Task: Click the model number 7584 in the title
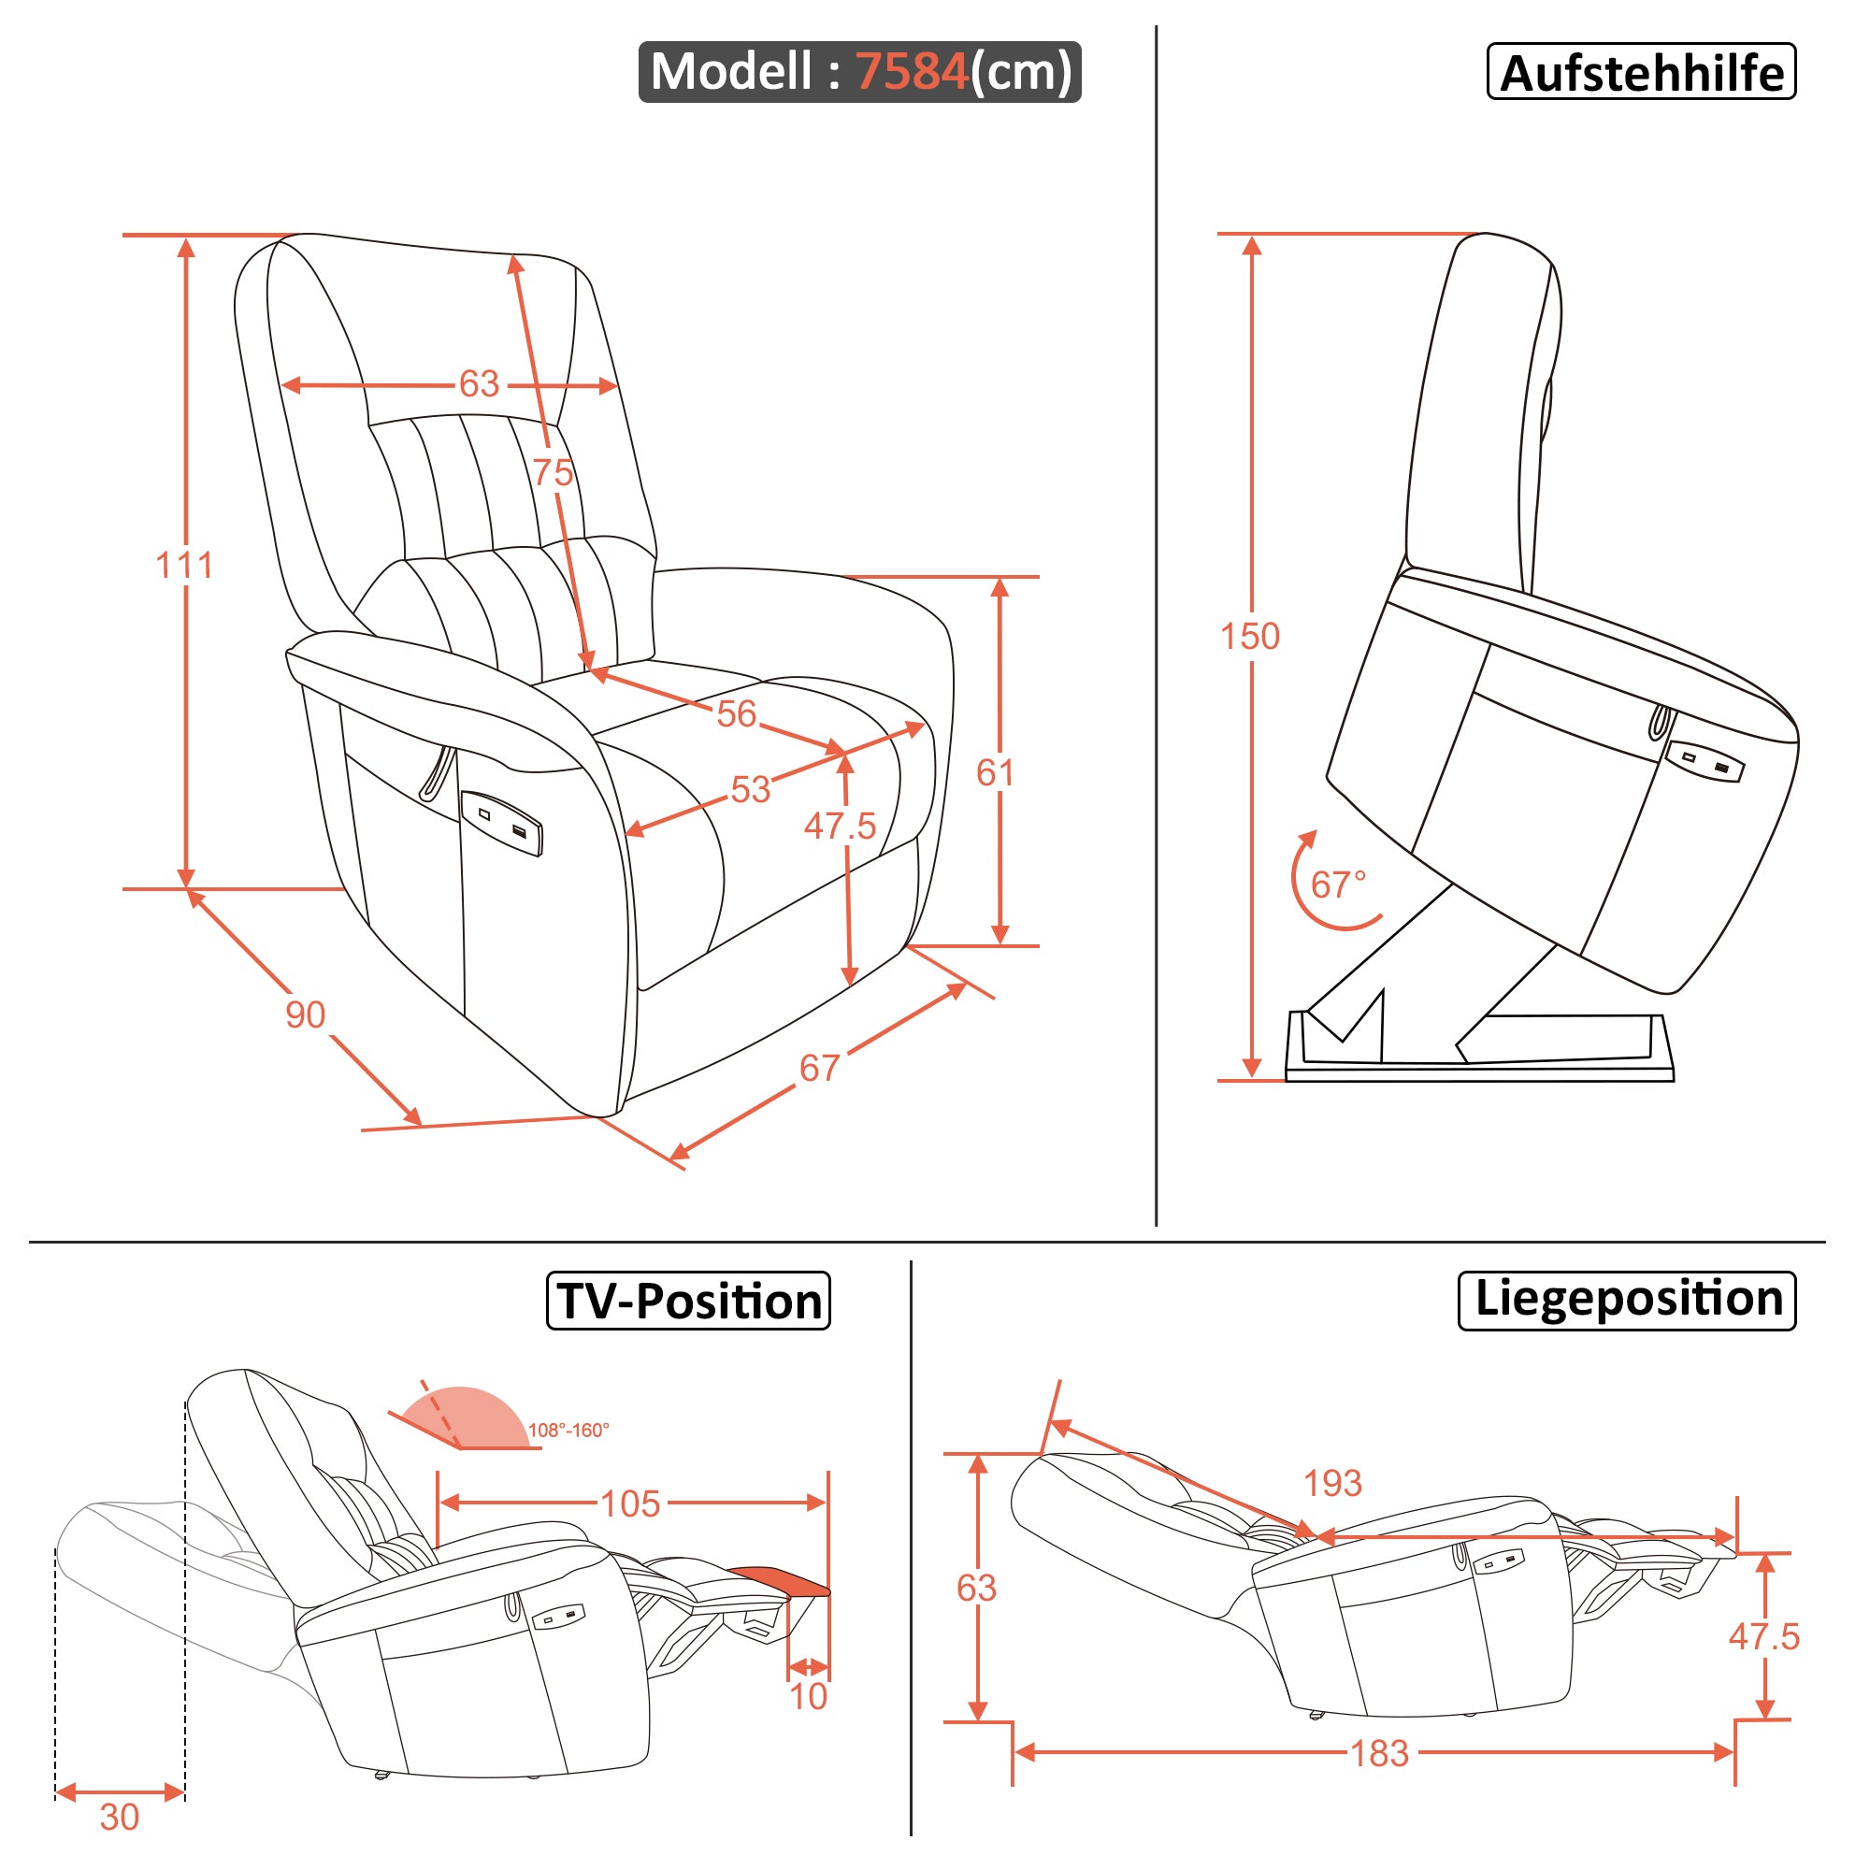(x=911, y=72)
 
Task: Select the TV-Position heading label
(x=688, y=1301)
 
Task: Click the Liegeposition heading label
(x=1627, y=1300)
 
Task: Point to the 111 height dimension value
(x=184, y=566)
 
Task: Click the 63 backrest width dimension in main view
(x=479, y=384)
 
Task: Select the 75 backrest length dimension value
(x=553, y=472)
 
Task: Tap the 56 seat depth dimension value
(x=736, y=713)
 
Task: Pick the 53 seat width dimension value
(x=750, y=790)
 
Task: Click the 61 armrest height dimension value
(x=995, y=772)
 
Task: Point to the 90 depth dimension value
(x=305, y=1014)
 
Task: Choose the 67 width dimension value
(x=819, y=1068)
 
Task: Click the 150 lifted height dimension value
(x=1249, y=636)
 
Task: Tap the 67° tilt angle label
(x=1338, y=884)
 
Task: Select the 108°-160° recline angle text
(x=568, y=1430)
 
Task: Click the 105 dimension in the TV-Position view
(x=630, y=1503)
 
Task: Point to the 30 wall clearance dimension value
(x=119, y=1817)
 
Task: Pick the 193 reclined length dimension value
(x=1331, y=1483)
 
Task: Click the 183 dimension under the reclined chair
(x=1379, y=1753)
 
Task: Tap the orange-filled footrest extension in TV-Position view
(x=780, y=1580)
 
